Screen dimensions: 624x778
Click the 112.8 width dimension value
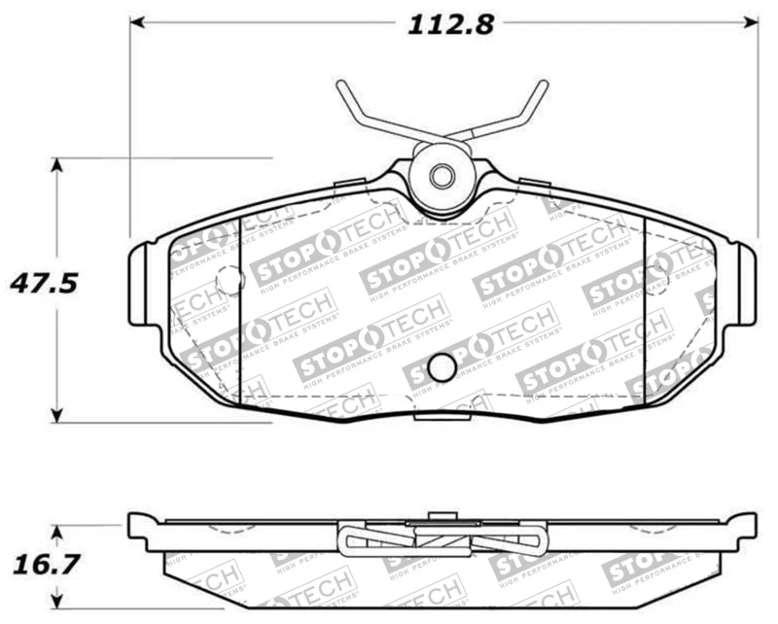[x=449, y=24]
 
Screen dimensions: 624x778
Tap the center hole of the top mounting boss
[x=442, y=177]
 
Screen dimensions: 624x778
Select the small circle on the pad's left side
[x=230, y=280]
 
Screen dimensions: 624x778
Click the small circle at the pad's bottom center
[x=442, y=367]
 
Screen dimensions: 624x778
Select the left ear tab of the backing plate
[x=138, y=284]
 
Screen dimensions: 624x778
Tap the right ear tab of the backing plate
[x=746, y=284]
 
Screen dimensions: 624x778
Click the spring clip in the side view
[x=442, y=538]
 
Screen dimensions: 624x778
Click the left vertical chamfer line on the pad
[x=239, y=311]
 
